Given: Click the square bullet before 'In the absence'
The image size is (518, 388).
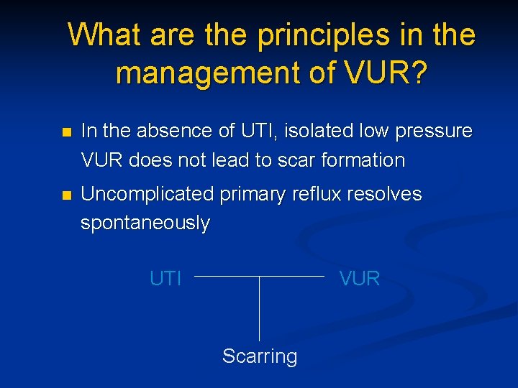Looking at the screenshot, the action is (x=67, y=133).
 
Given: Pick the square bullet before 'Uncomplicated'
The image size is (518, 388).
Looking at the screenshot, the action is (x=67, y=195).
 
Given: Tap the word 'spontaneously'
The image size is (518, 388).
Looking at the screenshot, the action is (x=145, y=223).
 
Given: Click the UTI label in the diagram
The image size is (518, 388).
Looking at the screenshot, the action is (x=165, y=278).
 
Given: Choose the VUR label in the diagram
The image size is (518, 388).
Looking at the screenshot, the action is (x=359, y=278).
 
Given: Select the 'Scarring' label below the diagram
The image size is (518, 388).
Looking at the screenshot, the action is (x=260, y=356).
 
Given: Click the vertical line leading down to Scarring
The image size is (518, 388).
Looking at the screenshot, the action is (x=260, y=309).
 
